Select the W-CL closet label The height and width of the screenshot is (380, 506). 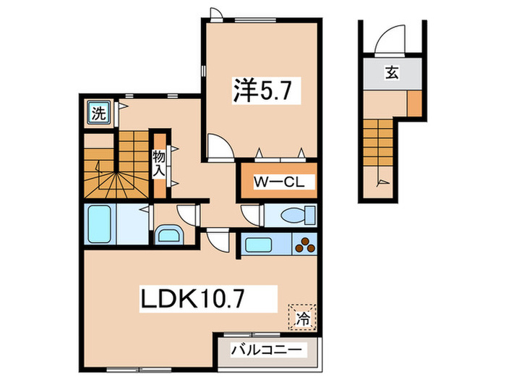pos(275,182)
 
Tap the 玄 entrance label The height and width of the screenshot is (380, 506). pos(391,72)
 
